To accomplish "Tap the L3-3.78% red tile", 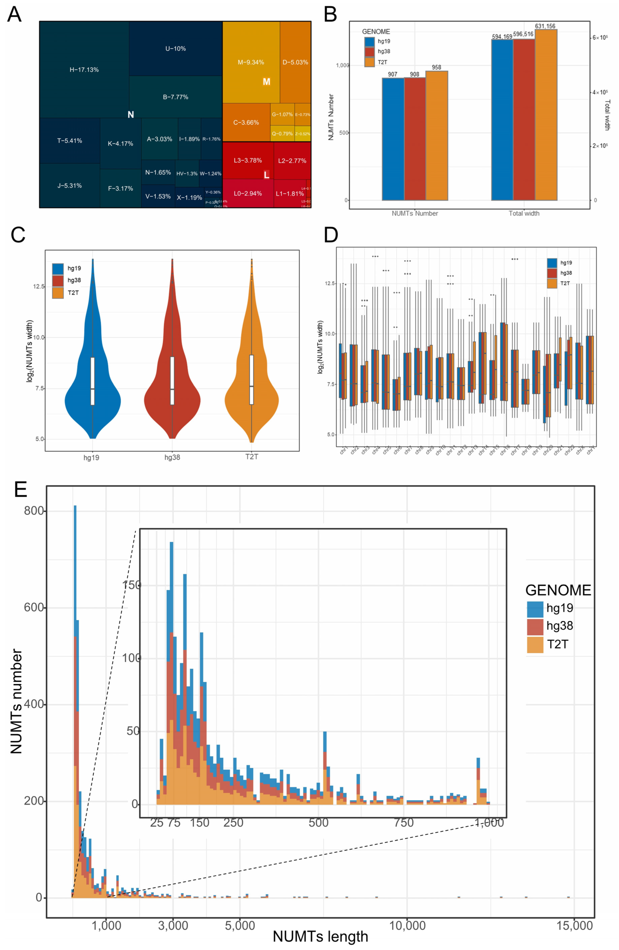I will click(248, 161).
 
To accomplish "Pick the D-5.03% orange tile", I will click(295, 62).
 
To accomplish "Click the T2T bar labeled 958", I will click(437, 136).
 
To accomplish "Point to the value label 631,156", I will click(545, 26).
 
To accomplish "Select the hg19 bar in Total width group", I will click(502, 120).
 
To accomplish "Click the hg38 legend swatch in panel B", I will click(369, 51).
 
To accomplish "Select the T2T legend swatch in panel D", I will click(552, 283).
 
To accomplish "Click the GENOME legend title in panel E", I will click(558, 590).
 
